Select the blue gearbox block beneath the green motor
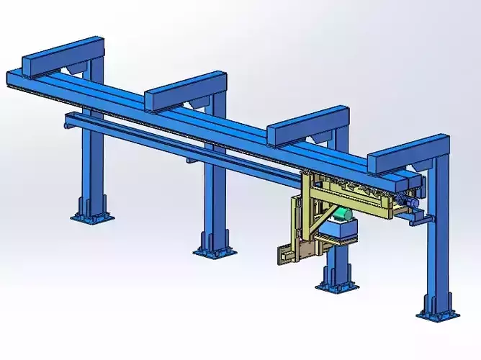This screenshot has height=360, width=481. [340, 231]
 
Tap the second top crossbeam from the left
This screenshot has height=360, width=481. [186, 89]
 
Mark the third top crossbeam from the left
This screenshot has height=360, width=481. [308, 124]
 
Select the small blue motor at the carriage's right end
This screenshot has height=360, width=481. [415, 204]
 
